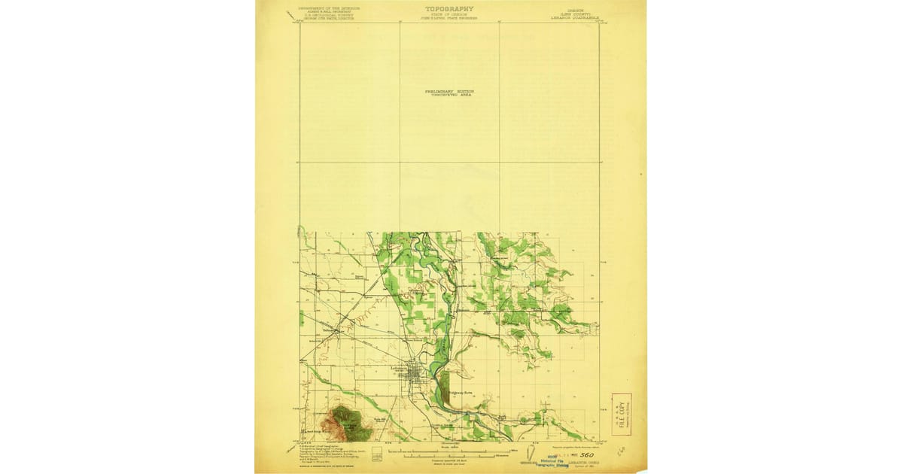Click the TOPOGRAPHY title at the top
tap(449, 9)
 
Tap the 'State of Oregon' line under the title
tap(449, 14)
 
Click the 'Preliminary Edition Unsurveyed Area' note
tap(448, 93)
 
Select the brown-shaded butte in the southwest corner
tap(349, 421)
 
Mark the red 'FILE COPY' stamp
tap(621, 414)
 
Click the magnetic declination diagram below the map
tap(532, 454)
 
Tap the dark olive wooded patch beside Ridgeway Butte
tap(444, 384)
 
